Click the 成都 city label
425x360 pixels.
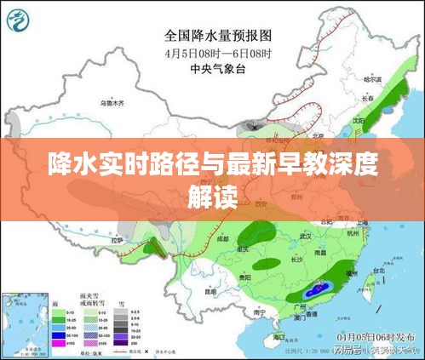224,239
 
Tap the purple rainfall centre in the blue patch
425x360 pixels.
319,289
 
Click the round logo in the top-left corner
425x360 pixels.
20,19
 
